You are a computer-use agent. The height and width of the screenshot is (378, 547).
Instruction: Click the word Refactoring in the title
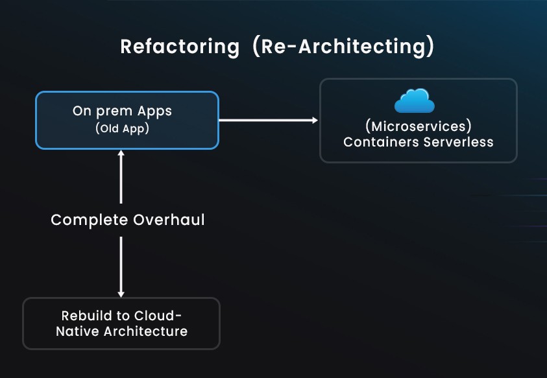coord(180,47)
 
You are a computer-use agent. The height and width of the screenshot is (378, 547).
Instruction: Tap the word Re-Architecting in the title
coord(343,47)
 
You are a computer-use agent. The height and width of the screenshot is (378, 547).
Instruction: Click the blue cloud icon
coord(415,100)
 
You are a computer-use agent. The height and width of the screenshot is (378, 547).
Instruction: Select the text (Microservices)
coord(419,126)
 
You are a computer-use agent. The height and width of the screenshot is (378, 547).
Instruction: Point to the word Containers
coord(381,142)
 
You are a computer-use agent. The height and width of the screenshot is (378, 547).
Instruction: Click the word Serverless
coord(458,142)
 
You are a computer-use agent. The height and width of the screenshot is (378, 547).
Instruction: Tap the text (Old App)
coord(122,128)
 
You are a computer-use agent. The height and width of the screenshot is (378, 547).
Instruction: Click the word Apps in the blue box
coord(154,112)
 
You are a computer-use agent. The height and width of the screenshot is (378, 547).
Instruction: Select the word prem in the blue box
coord(114,112)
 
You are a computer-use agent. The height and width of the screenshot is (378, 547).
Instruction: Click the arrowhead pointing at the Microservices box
coord(315,121)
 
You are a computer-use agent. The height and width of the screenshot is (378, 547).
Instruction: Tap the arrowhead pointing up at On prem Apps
coord(121,153)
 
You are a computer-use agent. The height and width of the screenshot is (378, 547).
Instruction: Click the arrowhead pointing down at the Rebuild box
coord(121,294)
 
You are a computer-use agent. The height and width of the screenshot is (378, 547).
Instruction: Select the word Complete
coord(90,220)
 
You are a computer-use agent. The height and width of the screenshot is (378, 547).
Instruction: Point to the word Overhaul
coord(169,220)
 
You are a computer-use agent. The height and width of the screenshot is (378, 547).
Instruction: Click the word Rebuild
coord(86,316)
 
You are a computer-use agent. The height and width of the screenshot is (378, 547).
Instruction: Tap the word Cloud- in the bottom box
coord(158,316)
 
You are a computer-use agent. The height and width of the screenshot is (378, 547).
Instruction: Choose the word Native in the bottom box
coord(77,331)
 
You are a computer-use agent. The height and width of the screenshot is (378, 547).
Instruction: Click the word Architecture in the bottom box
coord(146,331)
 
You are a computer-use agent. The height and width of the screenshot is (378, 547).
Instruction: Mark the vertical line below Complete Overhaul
coord(121,266)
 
